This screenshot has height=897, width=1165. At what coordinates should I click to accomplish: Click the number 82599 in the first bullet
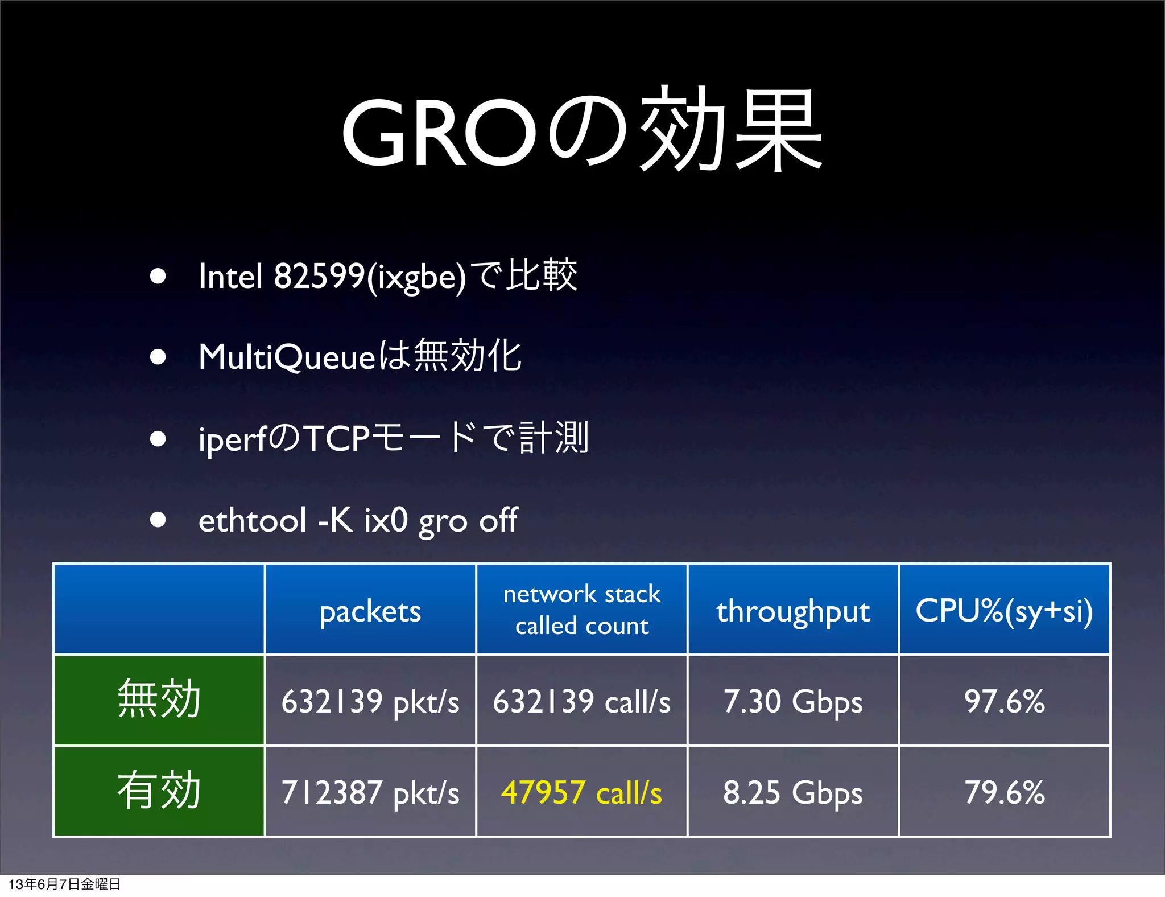319,277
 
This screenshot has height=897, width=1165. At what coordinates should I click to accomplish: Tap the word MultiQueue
287,358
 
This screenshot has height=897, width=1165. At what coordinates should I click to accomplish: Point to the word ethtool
252,520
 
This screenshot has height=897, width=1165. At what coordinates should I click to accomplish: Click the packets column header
370,611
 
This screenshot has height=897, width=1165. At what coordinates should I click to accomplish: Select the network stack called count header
582,610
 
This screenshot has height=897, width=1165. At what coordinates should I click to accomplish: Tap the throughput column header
793,611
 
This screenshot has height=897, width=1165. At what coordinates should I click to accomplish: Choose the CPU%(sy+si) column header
1004,611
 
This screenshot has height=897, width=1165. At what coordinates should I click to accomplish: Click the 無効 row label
159,700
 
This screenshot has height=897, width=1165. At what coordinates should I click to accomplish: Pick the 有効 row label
159,791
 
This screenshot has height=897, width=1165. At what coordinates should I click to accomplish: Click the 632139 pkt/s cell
370,701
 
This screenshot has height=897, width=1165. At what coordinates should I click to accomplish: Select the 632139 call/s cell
582,701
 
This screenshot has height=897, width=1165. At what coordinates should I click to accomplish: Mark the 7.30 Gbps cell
793,701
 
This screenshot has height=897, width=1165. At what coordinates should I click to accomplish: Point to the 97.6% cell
1005,701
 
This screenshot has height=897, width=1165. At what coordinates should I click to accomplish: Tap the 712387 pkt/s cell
370,792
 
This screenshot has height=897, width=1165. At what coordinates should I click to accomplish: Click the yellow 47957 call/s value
582,792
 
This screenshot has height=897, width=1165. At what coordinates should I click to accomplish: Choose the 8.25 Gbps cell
793,792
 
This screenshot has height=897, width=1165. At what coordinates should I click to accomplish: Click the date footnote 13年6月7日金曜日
65,884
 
